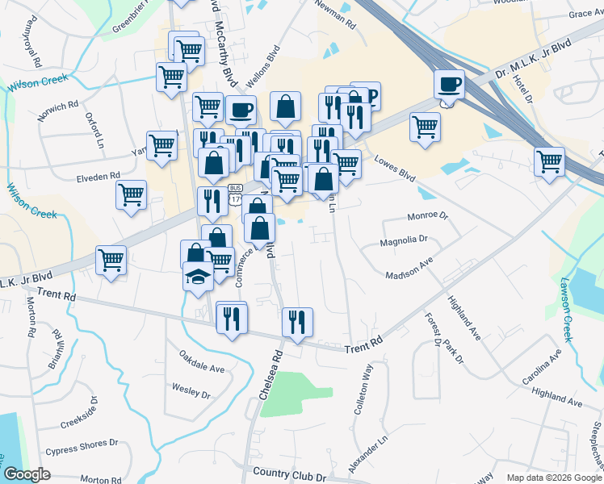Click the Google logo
tap(27, 474)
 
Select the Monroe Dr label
tap(427, 216)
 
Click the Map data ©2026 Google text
tap(553, 478)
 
